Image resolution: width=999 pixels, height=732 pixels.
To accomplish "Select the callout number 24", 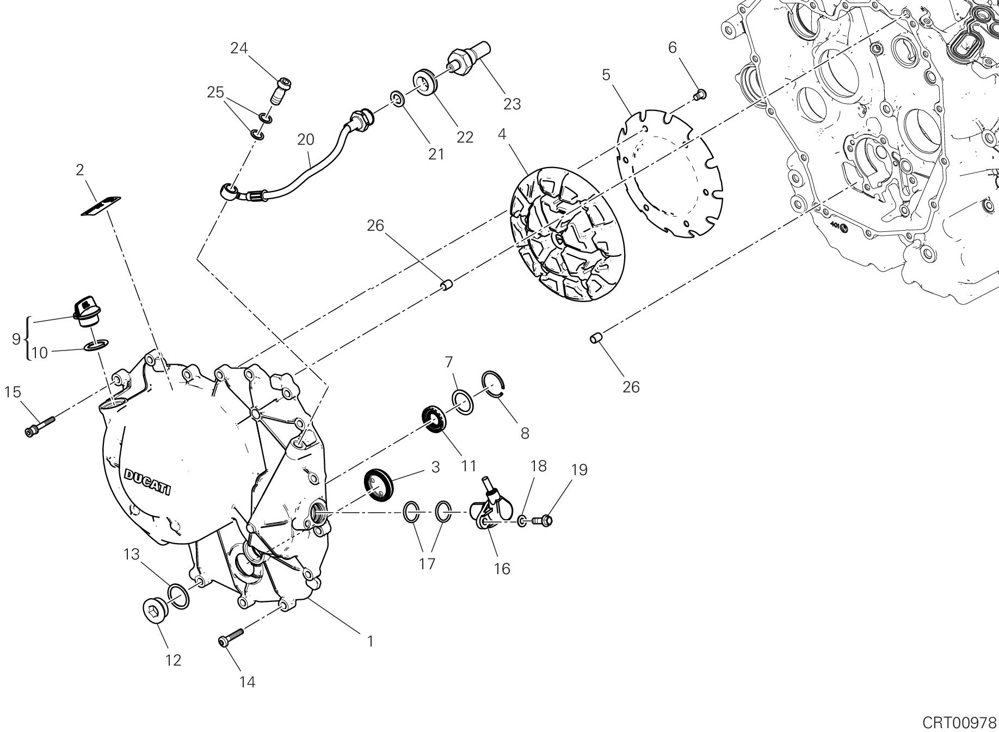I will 239,48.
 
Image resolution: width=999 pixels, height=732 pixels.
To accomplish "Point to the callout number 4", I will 502,134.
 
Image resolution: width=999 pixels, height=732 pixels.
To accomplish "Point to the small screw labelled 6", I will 700,95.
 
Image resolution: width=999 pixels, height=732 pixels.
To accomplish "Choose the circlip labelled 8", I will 494,385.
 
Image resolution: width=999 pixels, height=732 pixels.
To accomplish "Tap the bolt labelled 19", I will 541,521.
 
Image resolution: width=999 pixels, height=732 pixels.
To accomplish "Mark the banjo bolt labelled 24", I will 282,90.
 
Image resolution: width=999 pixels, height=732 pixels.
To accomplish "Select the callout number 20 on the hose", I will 306,140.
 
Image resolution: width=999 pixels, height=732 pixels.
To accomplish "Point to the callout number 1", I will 370,641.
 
